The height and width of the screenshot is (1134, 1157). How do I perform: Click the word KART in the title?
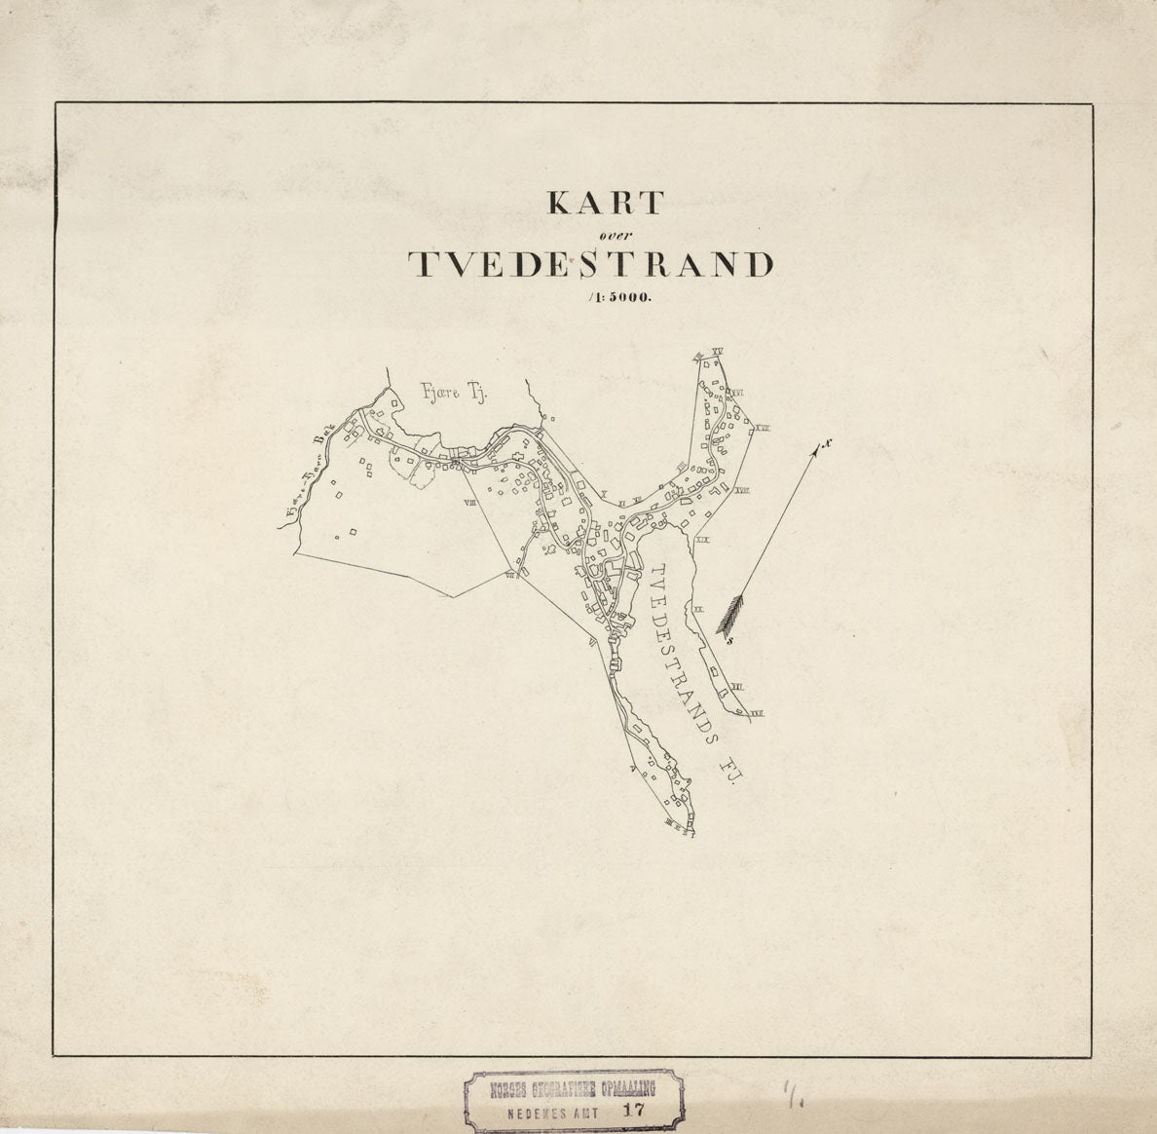[606, 203]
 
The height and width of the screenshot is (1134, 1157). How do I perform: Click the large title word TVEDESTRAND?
[590, 265]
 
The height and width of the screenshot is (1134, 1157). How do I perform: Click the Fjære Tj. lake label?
[451, 395]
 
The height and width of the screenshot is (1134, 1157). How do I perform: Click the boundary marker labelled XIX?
[703, 538]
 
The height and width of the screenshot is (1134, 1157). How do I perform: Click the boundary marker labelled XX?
[697, 607]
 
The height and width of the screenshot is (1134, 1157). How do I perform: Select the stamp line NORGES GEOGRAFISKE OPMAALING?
[572, 1088]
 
